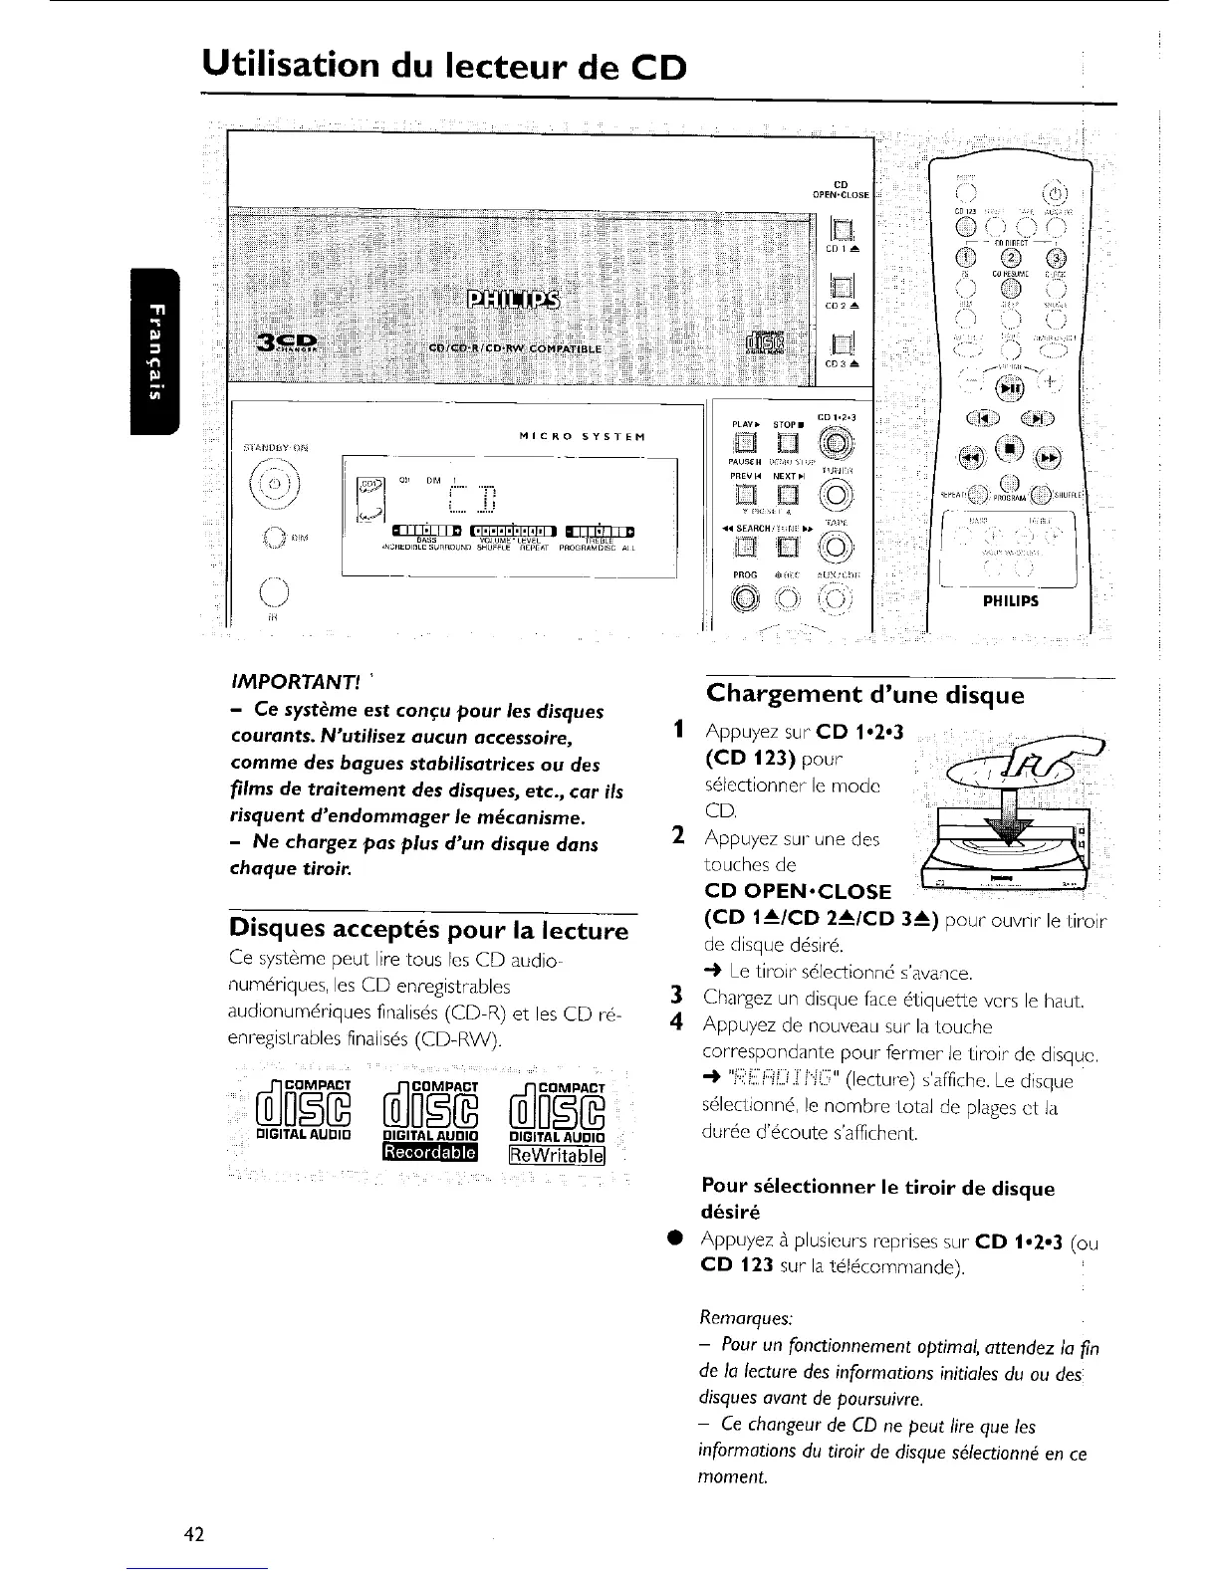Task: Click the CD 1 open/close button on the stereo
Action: tap(839, 235)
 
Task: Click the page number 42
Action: tap(194, 1534)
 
